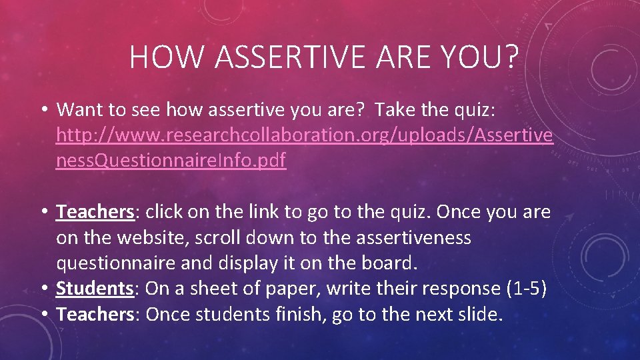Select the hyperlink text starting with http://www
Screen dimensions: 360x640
point(304,135)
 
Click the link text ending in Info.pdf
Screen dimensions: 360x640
point(171,161)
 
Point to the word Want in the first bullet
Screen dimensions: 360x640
point(77,109)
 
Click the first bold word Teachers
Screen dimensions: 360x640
point(96,212)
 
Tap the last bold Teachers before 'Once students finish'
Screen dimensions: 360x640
point(96,315)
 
